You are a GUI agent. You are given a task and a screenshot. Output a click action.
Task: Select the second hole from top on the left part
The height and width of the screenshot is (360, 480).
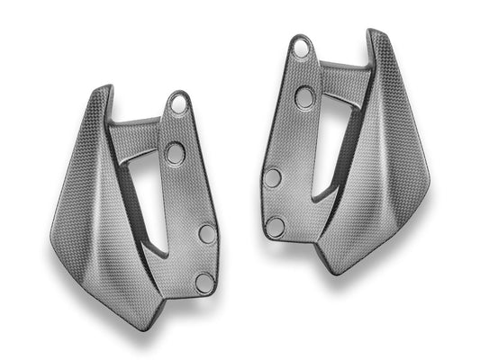pyautogui.click(x=175, y=152)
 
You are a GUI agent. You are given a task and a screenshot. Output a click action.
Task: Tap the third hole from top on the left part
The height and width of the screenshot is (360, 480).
pyautogui.click(x=207, y=234)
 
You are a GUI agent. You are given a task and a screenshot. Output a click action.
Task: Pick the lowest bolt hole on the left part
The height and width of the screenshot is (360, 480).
pyautogui.click(x=204, y=282)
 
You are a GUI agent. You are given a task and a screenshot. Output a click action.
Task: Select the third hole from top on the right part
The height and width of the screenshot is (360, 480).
pyautogui.click(x=273, y=177)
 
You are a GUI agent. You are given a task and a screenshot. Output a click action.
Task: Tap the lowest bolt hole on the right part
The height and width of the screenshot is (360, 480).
pyautogui.click(x=276, y=227)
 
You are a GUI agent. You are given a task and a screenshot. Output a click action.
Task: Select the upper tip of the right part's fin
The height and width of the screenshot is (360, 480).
pyautogui.click(x=372, y=34)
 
